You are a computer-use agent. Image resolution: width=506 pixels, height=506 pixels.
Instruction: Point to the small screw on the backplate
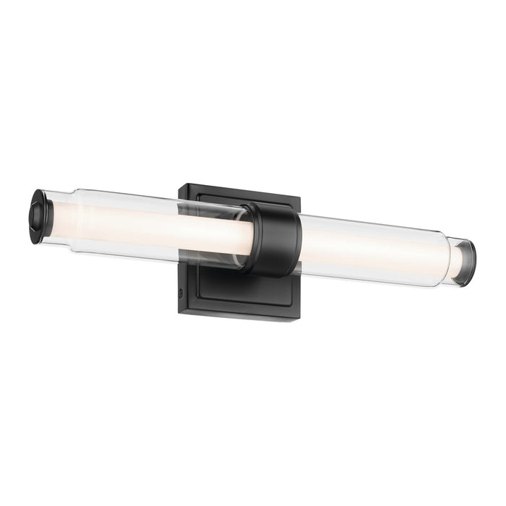(180, 292)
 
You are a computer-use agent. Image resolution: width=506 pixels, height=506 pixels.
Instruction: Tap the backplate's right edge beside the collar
(299, 289)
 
